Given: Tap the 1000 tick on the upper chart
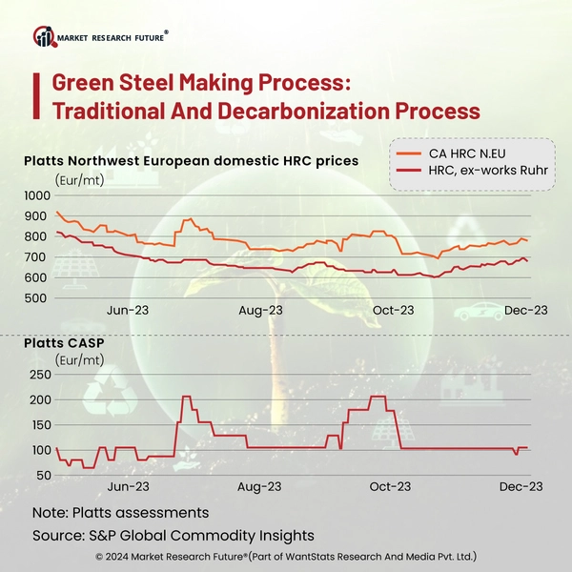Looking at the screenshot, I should (x=39, y=195).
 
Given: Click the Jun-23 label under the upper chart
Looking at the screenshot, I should (x=130, y=311).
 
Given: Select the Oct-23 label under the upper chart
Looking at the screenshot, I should (x=393, y=311).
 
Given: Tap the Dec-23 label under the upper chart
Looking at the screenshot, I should (x=524, y=311).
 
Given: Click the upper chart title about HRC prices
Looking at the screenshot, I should (x=191, y=161).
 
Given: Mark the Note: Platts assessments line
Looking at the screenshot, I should (x=120, y=513).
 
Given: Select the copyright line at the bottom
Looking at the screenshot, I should (x=286, y=556).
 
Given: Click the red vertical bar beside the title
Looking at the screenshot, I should (x=35, y=96).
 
